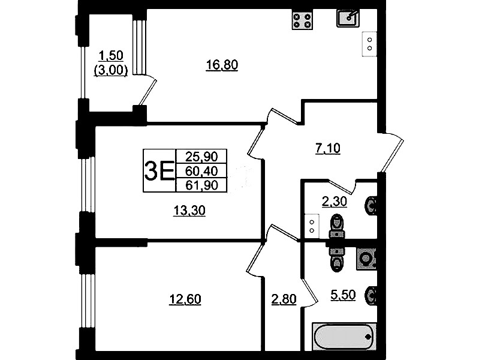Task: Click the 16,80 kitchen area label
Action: (222, 65)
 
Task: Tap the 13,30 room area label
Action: (189, 211)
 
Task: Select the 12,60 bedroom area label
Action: (185, 299)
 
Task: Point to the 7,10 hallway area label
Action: (327, 148)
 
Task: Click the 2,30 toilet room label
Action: (334, 202)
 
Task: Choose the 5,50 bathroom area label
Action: (343, 295)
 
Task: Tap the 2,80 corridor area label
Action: (284, 299)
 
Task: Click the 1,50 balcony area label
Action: (111, 56)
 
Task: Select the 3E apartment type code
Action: (159, 171)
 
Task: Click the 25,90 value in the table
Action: (201, 157)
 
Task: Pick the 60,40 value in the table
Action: (201, 171)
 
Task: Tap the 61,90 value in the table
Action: (201, 185)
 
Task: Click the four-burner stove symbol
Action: (302, 20)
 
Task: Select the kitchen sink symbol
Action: (348, 18)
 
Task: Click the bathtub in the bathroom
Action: (344, 337)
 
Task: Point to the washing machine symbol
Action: (366, 259)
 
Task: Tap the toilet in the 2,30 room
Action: (336, 226)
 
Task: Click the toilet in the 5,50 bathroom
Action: (336, 258)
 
